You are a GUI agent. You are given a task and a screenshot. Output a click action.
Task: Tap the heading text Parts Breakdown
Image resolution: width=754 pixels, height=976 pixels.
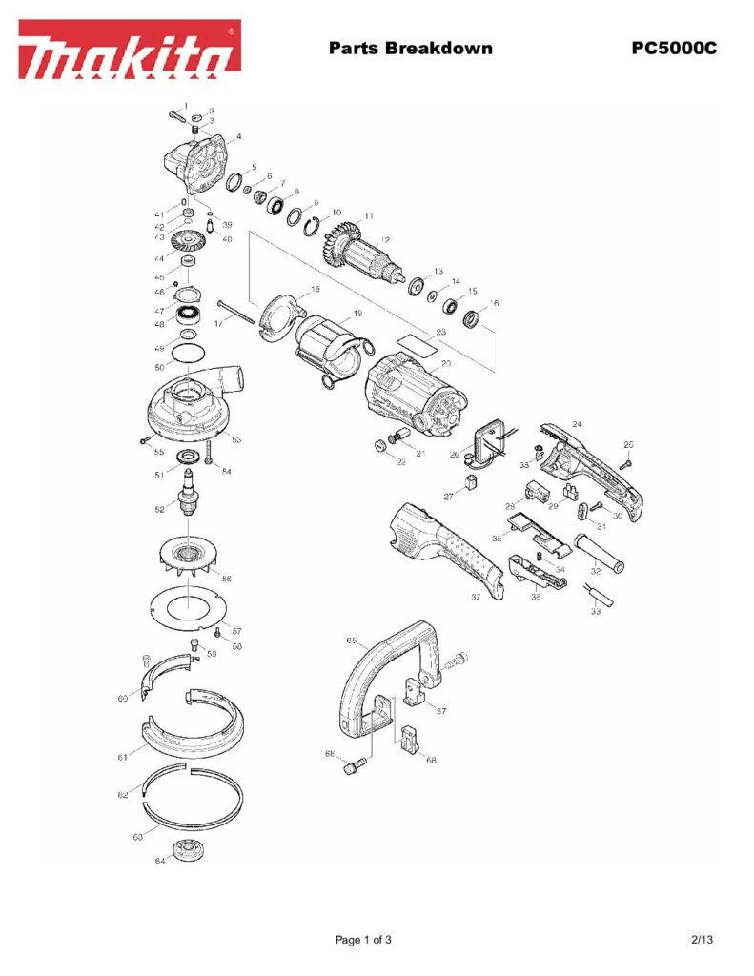point(410,48)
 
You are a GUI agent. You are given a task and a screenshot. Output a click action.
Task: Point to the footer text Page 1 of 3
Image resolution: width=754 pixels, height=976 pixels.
point(363,940)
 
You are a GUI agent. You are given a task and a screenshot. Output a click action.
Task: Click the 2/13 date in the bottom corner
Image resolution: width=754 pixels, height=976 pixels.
point(702,940)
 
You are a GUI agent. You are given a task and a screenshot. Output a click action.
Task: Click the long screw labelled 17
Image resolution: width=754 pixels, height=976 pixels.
point(238,315)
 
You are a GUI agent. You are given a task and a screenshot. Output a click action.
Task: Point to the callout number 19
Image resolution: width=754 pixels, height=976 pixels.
point(357,314)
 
